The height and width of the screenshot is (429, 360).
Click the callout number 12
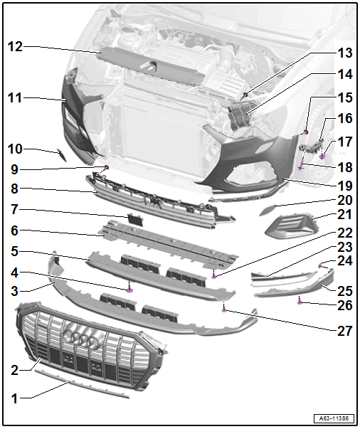15,47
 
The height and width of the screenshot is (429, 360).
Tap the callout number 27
344,331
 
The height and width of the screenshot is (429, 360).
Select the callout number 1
15,398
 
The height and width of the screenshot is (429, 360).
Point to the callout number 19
344,186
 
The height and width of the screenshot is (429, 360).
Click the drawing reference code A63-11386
334,418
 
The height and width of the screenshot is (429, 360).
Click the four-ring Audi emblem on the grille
82,340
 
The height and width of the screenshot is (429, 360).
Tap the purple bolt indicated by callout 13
245,95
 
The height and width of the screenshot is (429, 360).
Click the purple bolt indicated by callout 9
107,167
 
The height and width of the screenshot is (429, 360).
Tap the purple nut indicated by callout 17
322,157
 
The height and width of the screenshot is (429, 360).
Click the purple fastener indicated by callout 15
306,132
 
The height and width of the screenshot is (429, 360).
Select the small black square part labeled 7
135,220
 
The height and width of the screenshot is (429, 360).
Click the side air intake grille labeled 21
290,226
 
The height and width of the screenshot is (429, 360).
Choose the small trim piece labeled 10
62,154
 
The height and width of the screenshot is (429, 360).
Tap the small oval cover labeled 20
268,209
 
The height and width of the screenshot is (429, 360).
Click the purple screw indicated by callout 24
322,265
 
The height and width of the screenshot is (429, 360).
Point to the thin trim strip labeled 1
82,384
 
